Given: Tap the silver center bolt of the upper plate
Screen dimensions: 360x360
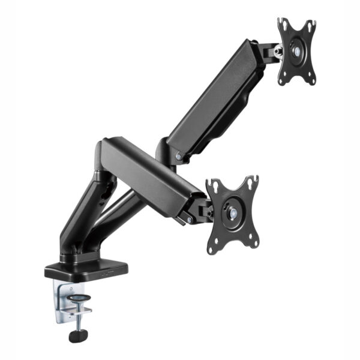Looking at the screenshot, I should [298, 51].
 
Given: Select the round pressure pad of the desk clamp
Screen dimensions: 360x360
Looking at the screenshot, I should [77, 298].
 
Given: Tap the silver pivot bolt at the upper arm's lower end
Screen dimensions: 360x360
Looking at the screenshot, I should [178, 157].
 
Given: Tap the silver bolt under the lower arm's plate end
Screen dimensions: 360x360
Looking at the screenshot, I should [189, 220].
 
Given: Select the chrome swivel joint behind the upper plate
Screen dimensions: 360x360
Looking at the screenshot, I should [277, 52].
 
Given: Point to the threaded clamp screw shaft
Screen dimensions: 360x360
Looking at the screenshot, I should [77, 318].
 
